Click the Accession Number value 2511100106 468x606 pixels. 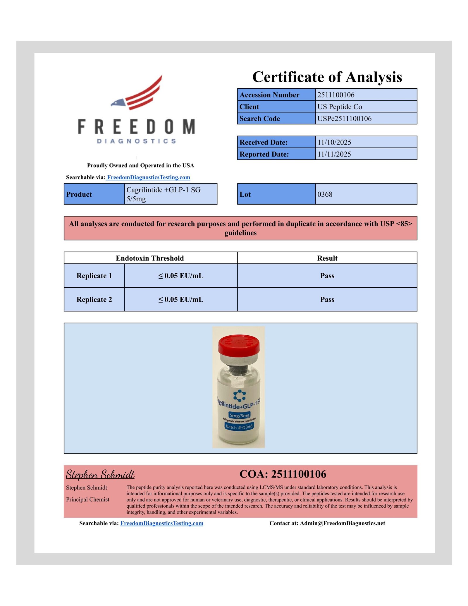tap(335, 95)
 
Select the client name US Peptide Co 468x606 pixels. tap(339, 107)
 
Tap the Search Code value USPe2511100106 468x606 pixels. tap(344, 119)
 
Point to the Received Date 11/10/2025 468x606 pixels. tap(334, 142)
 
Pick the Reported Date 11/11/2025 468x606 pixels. tap(334, 154)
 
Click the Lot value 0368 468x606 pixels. tap(325, 194)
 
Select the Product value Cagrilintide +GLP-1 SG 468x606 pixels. tap(163, 190)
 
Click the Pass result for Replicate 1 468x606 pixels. tap(327, 276)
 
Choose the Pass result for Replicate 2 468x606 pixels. tap(327, 299)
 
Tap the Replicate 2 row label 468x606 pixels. tap(94, 299)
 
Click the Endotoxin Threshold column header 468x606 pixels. tap(150, 258)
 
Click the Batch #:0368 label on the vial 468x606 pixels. tap(239, 427)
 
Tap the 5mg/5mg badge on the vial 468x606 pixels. tap(239, 415)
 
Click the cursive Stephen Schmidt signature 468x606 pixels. tap(100, 474)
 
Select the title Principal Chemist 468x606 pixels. tap(87, 499)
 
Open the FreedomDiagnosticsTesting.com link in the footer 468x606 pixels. tap(162, 523)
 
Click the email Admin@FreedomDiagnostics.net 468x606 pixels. tap(342, 523)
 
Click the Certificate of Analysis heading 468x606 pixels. tap(327, 77)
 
